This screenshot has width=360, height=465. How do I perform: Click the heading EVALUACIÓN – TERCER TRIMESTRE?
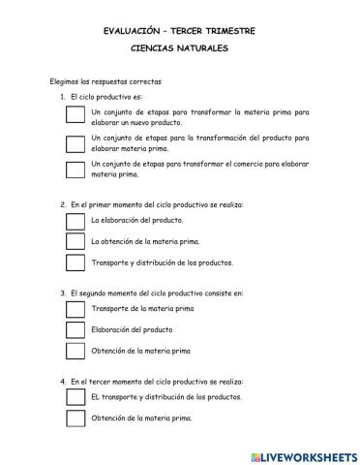[179, 31]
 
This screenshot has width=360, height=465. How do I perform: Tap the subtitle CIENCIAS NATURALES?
[179, 47]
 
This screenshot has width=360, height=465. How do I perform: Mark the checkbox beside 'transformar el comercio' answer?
[75, 170]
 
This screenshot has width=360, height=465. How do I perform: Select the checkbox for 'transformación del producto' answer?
[75, 143]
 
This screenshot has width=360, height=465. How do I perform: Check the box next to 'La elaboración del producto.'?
[75, 220]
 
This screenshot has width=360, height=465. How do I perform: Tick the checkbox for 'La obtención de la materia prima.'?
[75, 241]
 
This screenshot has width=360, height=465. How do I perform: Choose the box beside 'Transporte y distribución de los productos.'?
[75, 262]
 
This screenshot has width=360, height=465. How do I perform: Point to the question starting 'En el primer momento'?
[156, 204]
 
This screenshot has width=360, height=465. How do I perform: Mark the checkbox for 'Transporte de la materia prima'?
[75, 309]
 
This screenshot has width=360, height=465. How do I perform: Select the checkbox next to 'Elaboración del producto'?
[75, 329]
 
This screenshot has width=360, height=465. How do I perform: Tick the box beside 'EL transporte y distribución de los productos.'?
[75, 397]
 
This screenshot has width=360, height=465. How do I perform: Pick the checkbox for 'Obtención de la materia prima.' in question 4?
[75, 418]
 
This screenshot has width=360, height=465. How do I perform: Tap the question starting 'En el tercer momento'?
[154, 381]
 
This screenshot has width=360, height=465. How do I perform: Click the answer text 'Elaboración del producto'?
[135, 329]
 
